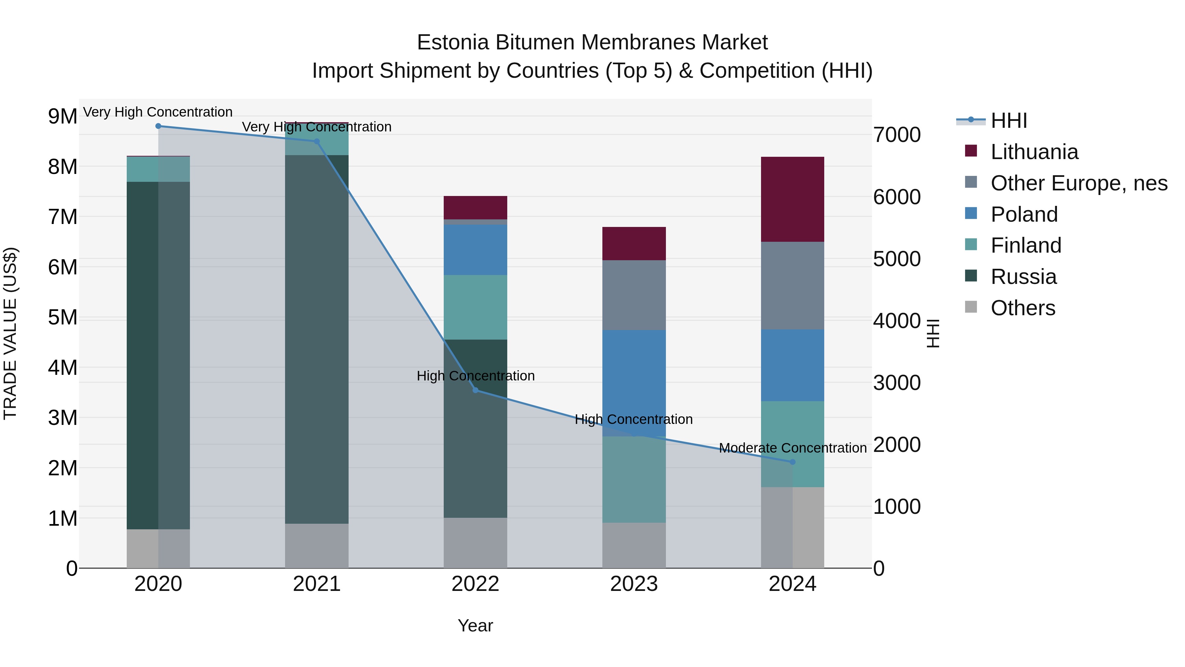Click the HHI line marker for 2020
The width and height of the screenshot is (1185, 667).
[158, 126]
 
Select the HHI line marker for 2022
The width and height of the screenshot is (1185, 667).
[475, 390]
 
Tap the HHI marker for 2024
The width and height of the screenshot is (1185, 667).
[792, 462]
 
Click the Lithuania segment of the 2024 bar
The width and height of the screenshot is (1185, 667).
[792, 199]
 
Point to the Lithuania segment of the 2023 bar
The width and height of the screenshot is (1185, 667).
[634, 243]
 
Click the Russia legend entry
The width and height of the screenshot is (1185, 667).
[1023, 277]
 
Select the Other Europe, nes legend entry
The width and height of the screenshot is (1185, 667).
[1078, 183]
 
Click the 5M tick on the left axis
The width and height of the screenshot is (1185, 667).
[63, 317]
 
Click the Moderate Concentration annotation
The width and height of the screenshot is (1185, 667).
[792, 448]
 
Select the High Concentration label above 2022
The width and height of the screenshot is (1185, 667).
[475, 375]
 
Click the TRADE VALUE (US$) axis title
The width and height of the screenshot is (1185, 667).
[10, 333]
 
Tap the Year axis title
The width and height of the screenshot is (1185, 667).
[475, 625]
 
